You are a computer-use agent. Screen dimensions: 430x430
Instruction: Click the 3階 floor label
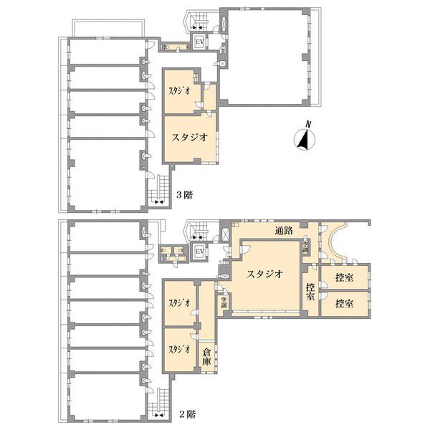tap(185, 194)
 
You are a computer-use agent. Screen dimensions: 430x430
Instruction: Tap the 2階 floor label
tap(186, 414)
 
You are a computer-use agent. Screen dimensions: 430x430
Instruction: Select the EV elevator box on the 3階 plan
tap(200, 42)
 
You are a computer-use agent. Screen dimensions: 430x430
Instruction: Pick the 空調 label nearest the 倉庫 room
tap(224, 302)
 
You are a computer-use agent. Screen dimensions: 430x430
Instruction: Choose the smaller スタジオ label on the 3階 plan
tap(180, 90)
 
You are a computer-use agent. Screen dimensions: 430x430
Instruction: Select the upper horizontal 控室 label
tap(345, 277)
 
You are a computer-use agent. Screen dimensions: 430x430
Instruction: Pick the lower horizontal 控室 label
tap(345, 303)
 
